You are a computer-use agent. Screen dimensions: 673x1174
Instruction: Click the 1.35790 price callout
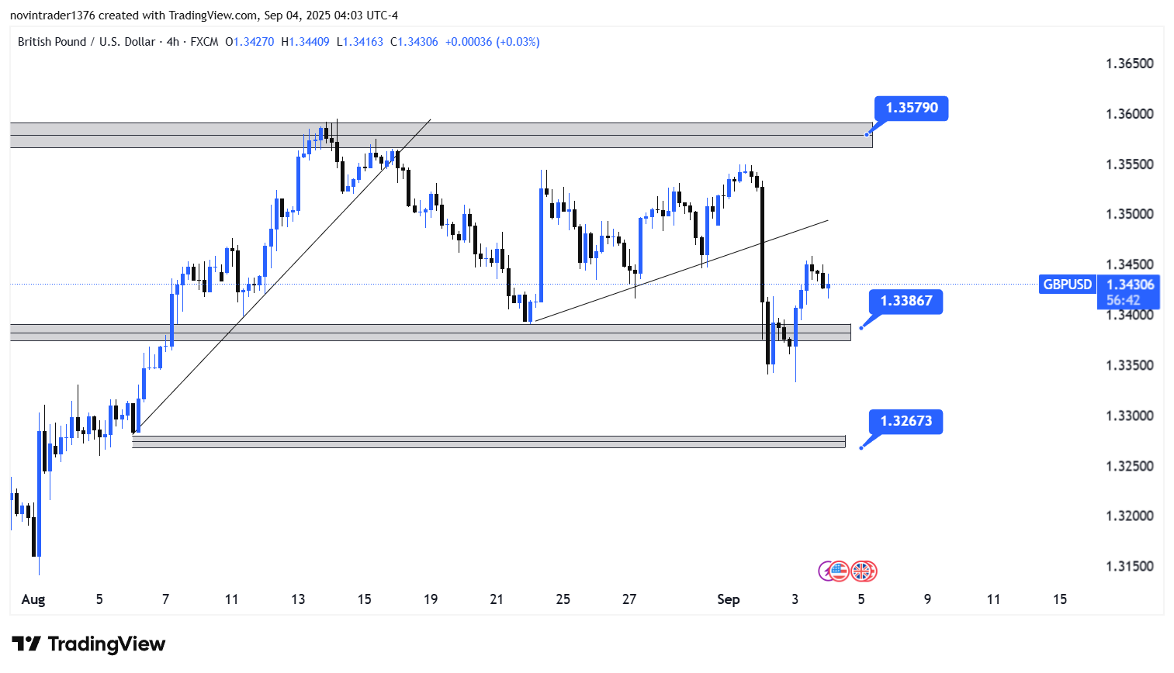click(x=911, y=108)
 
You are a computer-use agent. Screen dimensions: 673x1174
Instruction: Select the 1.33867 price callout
click(x=906, y=301)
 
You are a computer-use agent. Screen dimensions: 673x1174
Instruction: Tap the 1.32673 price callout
click(x=906, y=421)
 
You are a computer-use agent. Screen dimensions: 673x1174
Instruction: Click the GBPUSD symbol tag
click(x=1067, y=285)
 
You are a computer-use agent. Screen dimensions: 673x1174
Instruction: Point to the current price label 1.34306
click(x=1130, y=285)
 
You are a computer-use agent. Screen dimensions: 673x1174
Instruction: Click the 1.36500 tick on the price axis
click(x=1129, y=64)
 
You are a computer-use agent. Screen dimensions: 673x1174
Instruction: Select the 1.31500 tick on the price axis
click(x=1129, y=566)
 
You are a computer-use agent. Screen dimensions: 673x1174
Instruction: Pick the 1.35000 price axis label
click(x=1129, y=214)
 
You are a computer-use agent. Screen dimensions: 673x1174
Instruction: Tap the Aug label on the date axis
click(x=33, y=599)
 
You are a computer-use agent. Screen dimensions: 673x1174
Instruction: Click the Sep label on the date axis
click(x=728, y=599)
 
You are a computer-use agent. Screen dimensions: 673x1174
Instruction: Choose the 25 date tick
click(x=563, y=599)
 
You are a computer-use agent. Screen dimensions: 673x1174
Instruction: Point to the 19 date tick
click(x=431, y=599)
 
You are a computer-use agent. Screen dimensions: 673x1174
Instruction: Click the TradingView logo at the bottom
click(x=88, y=644)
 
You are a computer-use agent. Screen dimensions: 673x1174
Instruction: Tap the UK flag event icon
click(x=863, y=571)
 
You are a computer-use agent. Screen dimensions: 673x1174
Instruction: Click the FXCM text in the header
click(x=204, y=42)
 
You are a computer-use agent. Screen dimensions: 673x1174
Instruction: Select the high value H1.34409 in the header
click(x=305, y=42)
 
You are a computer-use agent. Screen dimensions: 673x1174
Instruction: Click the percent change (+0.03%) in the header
click(x=518, y=42)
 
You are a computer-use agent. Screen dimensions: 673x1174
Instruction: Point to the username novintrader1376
click(x=52, y=16)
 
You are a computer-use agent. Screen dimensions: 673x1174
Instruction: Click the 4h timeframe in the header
click(x=172, y=42)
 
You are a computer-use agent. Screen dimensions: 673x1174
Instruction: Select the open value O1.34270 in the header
click(x=249, y=42)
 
